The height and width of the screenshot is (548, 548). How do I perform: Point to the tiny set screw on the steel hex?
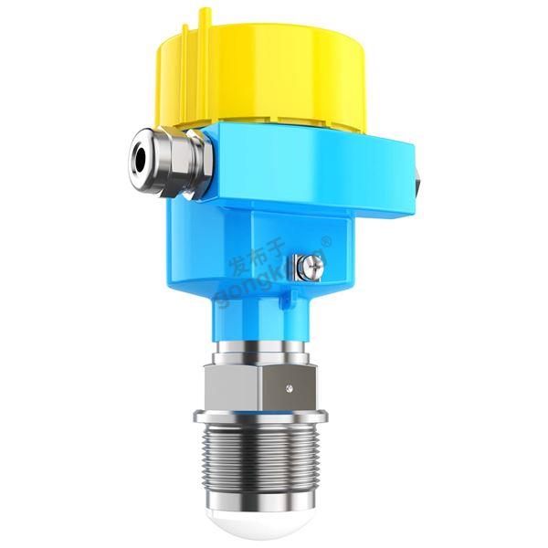coord(289,388)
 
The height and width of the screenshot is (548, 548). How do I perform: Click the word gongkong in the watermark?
coord(260,275)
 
